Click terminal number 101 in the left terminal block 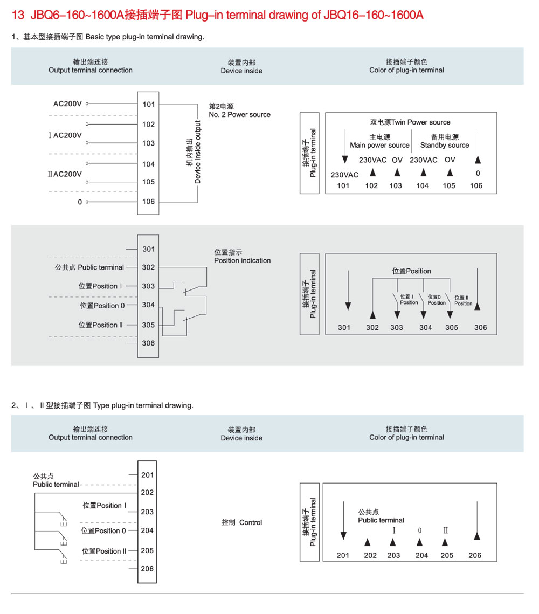149,104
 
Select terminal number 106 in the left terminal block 149,201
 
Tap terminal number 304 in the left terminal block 148,305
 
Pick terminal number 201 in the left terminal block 148,475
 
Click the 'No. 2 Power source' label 239,115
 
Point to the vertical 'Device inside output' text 198,153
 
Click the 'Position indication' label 243,260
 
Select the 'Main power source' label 379,145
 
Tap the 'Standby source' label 445,145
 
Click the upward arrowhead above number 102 372,173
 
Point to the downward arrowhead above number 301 348,306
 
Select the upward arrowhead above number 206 477,536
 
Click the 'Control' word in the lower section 251,522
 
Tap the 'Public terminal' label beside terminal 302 101,267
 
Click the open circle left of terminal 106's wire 87,202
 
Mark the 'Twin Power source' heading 421,122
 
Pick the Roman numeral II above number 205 445,530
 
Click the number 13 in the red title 18,15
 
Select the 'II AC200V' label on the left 65,174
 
